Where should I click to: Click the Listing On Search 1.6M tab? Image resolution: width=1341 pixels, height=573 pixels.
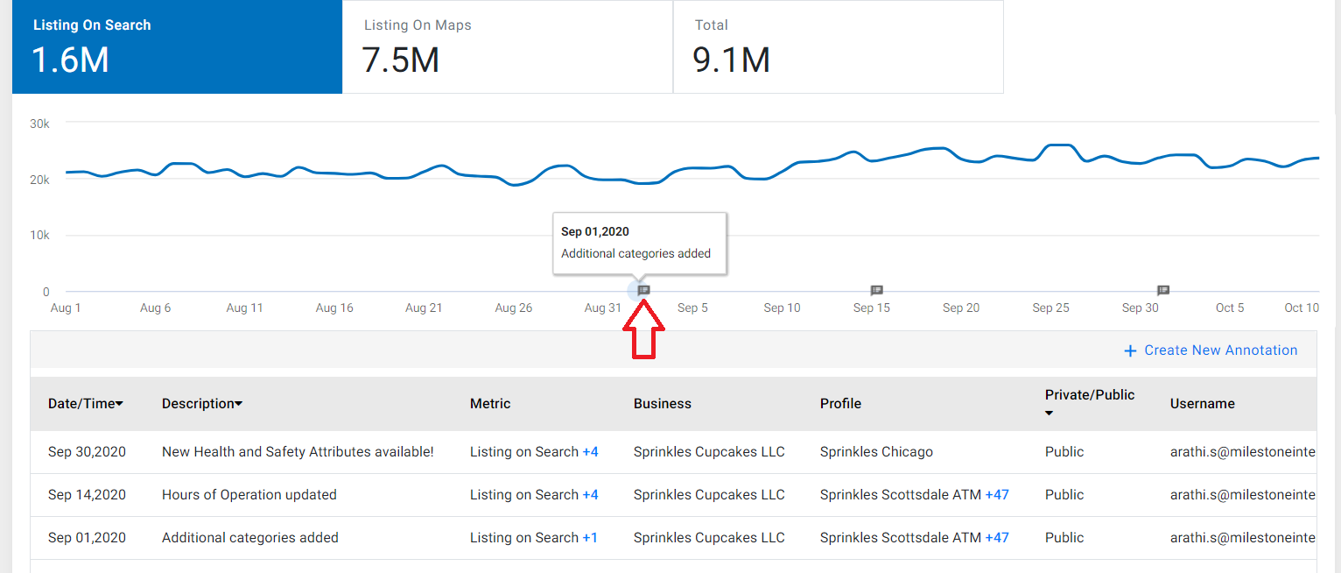pyautogui.click(x=177, y=46)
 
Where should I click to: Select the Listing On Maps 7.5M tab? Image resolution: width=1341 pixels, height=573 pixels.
pyautogui.click(x=508, y=46)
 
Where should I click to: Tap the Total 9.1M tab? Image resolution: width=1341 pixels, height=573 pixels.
pyautogui.click(x=839, y=46)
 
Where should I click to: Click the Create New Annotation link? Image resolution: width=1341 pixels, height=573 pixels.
pyautogui.click(x=1211, y=350)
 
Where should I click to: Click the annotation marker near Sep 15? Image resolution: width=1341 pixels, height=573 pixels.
pyautogui.click(x=876, y=291)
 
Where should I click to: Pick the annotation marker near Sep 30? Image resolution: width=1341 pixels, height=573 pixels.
pyautogui.click(x=1163, y=291)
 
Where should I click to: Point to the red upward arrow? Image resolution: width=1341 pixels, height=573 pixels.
pyautogui.click(x=643, y=329)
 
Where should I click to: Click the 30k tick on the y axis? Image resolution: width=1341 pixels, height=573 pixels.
pyautogui.click(x=39, y=124)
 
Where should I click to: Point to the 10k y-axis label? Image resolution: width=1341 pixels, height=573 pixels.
pyautogui.click(x=39, y=235)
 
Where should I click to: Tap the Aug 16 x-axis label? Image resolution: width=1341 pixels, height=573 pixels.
pyautogui.click(x=334, y=308)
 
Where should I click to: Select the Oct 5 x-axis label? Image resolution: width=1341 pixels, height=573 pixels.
pyautogui.click(x=1230, y=308)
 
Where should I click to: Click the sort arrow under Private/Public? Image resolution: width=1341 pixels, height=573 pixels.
pyautogui.click(x=1049, y=413)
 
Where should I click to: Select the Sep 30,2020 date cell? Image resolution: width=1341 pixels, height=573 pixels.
pyautogui.click(x=87, y=451)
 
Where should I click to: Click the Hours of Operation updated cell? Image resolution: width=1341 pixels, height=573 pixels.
pyautogui.click(x=249, y=494)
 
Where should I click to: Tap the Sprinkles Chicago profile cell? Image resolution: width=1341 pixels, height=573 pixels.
pyautogui.click(x=876, y=451)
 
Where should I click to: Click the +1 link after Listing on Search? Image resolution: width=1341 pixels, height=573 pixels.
pyautogui.click(x=590, y=538)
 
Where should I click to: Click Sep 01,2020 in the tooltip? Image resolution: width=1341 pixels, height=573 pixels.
pyautogui.click(x=595, y=231)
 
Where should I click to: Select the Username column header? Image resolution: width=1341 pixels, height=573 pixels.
pyautogui.click(x=1202, y=403)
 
